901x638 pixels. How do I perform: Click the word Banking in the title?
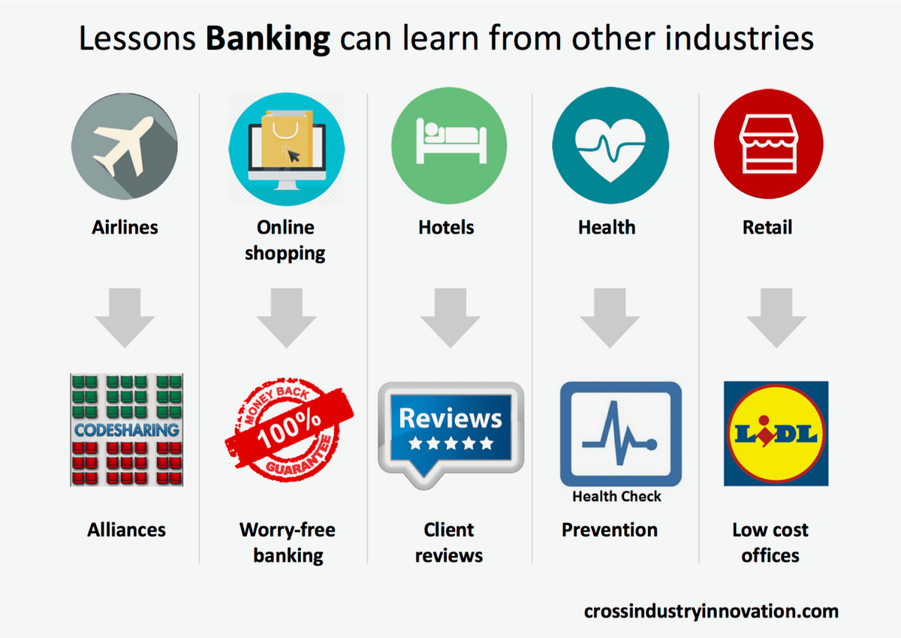[268, 39]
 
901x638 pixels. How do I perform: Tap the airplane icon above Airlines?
[125, 146]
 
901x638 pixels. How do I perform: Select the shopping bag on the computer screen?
[287, 138]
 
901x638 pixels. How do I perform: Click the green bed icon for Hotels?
[449, 145]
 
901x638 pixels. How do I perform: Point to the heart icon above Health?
[610, 145]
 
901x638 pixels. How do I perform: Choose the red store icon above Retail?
[769, 144]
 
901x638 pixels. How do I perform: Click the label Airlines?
[125, 228]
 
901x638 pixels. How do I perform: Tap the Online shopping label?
[285, 240]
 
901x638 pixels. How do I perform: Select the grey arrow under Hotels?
[450, 318]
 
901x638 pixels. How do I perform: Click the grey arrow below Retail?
[776, 318]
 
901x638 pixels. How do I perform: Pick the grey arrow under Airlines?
[125, 318]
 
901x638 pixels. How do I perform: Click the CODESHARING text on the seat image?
[127, 431]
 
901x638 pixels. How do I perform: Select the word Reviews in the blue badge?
[450, 419]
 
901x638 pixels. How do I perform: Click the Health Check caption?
[616, 497]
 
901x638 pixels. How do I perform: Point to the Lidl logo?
[776, 434]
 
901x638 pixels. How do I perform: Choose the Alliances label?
[126, 530]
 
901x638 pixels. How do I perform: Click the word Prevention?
[610, 530]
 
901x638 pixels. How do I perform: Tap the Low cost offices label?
[770, 543]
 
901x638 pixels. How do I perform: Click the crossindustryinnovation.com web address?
[711, 612]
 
